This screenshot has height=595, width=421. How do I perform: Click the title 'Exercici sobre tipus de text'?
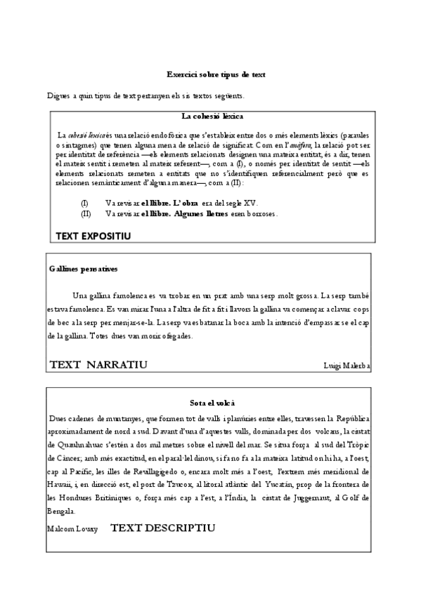pyautogui.click(x=215, y=74)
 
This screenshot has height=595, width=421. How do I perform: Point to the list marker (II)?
pyautogui.click(x=86, y=213)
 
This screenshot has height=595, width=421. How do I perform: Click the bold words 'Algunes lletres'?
pyautogui.click(x=201, y=213)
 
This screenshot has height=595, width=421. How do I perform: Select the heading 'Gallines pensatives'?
pyautogui.click(x=84, y=269)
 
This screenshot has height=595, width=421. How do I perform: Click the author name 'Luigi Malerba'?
pyautogui.click(x=346, y=366)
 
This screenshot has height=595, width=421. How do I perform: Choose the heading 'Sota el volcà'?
pyautogui.click(x=212, y=403)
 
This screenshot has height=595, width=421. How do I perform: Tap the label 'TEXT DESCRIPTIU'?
pyautogui.click(x=162, y=527)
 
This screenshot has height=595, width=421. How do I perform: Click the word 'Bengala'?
pyautogui.click(x=62, y=509)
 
